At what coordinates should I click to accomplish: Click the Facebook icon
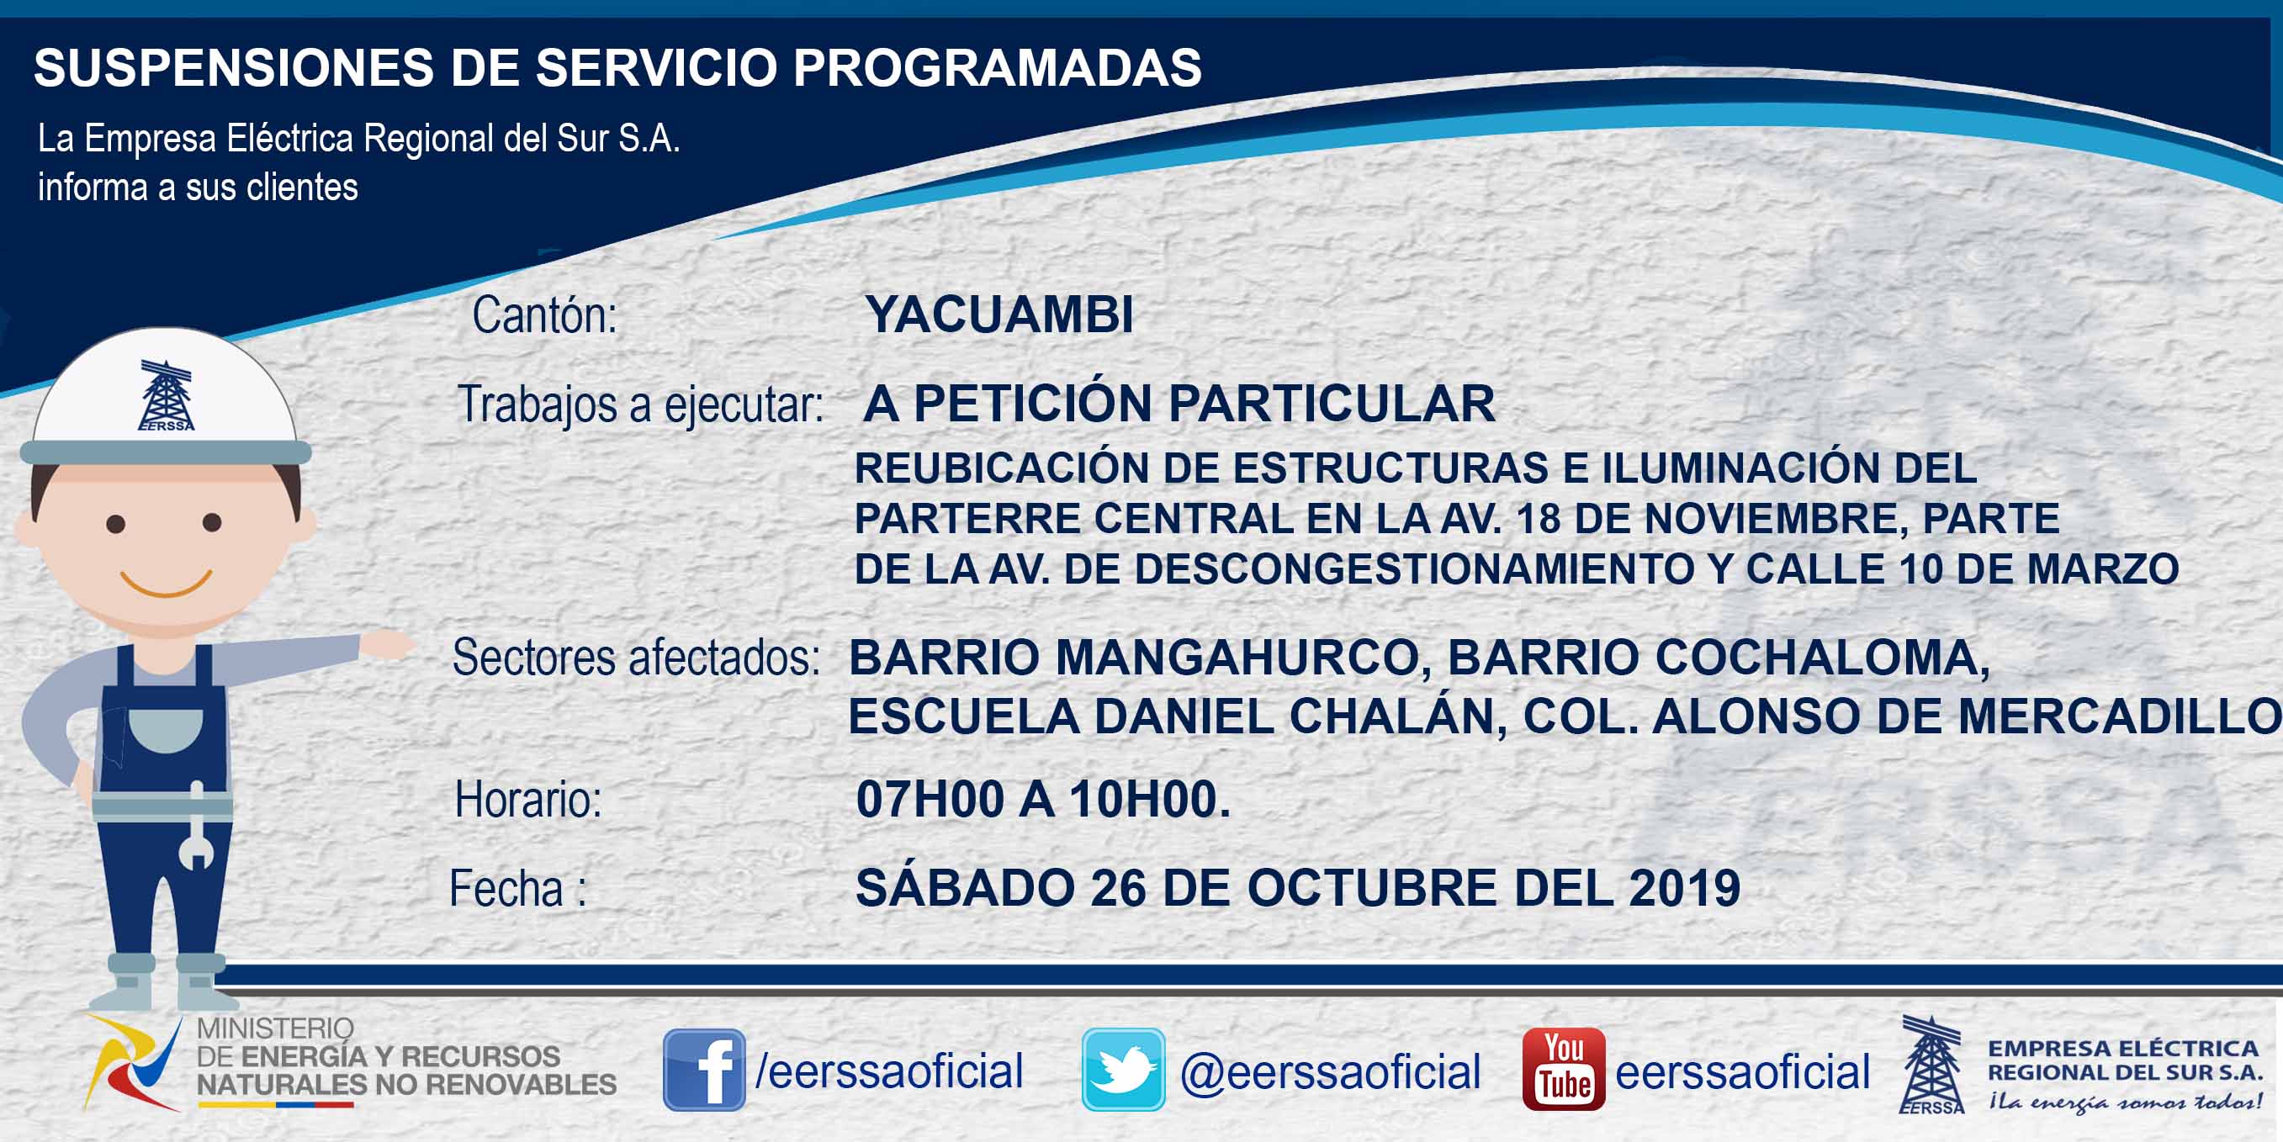click(704, 1070)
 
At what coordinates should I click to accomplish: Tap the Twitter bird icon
click(1123, 1070)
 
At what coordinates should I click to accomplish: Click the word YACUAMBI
click(999, 314)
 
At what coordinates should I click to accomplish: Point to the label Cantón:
click(544, 315)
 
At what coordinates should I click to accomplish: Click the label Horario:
click(528, 799)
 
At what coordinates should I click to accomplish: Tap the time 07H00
click(930, 799)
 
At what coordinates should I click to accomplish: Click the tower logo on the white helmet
click(166, 395)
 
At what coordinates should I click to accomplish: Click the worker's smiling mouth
click(166, 584)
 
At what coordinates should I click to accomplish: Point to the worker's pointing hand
click(388, 643)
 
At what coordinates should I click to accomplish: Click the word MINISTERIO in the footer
click(276, 1028)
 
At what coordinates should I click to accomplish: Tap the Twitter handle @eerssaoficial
click(1330, 1072)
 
